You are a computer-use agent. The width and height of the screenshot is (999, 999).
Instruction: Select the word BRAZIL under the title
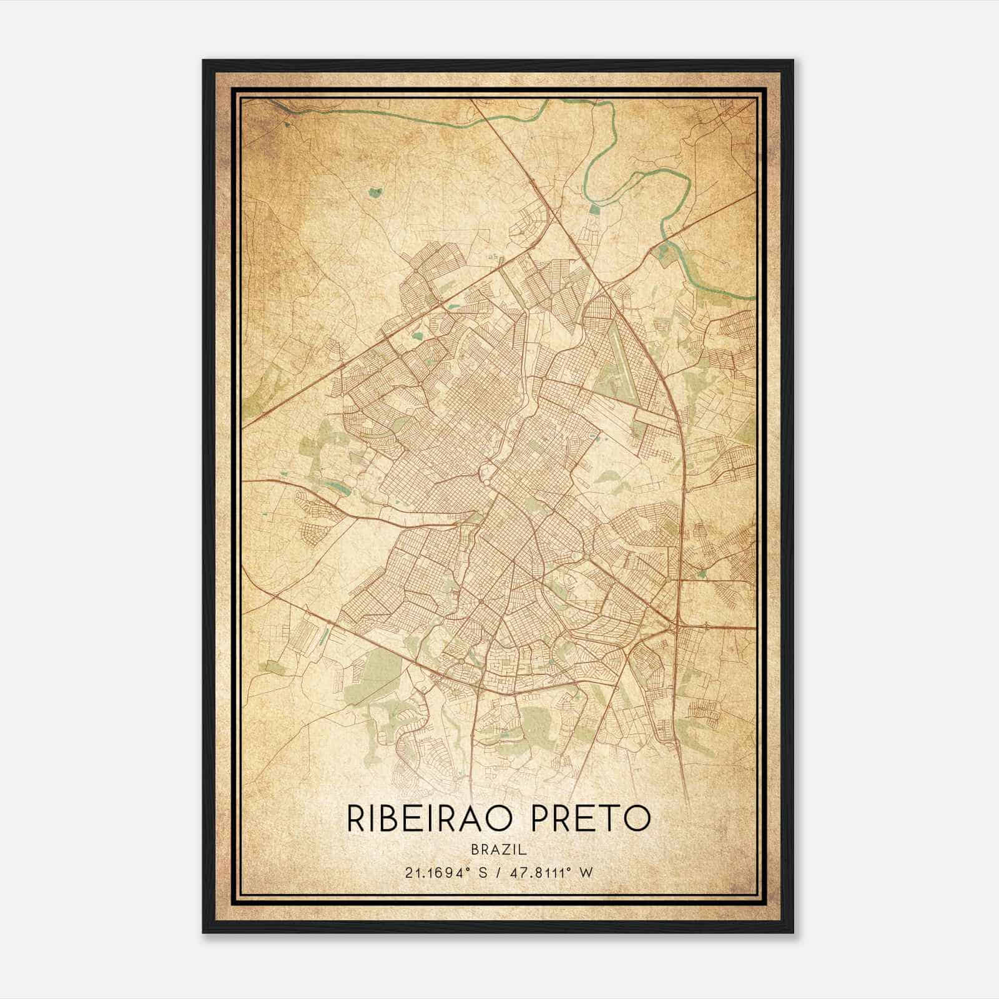pos(499,850)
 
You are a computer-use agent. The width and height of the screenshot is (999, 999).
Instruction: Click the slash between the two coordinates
pos(499,873)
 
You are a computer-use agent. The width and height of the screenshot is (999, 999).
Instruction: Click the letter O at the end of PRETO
pos(637,819)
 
